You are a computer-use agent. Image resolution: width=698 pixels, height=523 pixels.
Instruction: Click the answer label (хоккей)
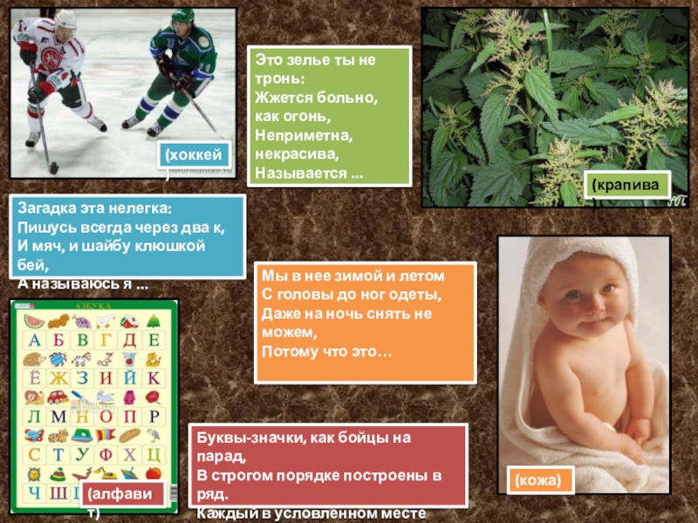coord(195,155)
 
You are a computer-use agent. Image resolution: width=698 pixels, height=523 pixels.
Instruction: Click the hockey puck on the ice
coord(53,167)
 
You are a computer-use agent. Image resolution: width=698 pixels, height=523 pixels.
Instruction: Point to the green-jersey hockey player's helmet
coord(181,17)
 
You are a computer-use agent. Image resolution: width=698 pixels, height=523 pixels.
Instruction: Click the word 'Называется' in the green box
coord(295,170)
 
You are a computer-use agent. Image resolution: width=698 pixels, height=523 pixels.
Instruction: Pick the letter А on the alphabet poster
coord(33,340)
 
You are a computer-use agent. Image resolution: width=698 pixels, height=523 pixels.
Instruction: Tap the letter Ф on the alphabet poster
coord(106,454)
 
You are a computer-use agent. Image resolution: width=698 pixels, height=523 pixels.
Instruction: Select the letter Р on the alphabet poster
coord(154,417)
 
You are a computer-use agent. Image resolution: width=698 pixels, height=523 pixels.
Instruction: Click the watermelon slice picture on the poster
coord(33,318)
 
